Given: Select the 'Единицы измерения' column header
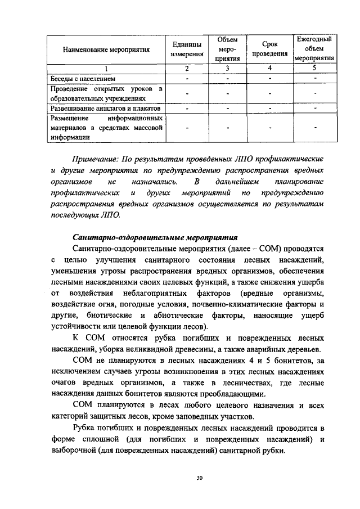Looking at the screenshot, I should (x=187, y=49).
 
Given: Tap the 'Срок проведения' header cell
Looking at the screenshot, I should (x=269, y=49).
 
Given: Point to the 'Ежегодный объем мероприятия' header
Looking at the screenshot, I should (x=315, y=48).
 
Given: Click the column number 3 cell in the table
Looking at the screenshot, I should (x=227, y=68).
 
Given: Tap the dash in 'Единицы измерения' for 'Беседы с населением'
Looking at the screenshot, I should (x=187, y=78).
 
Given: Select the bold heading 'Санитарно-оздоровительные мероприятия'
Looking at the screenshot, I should (x=156, y=237).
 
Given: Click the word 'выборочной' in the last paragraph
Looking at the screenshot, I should (x=74, y=450).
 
